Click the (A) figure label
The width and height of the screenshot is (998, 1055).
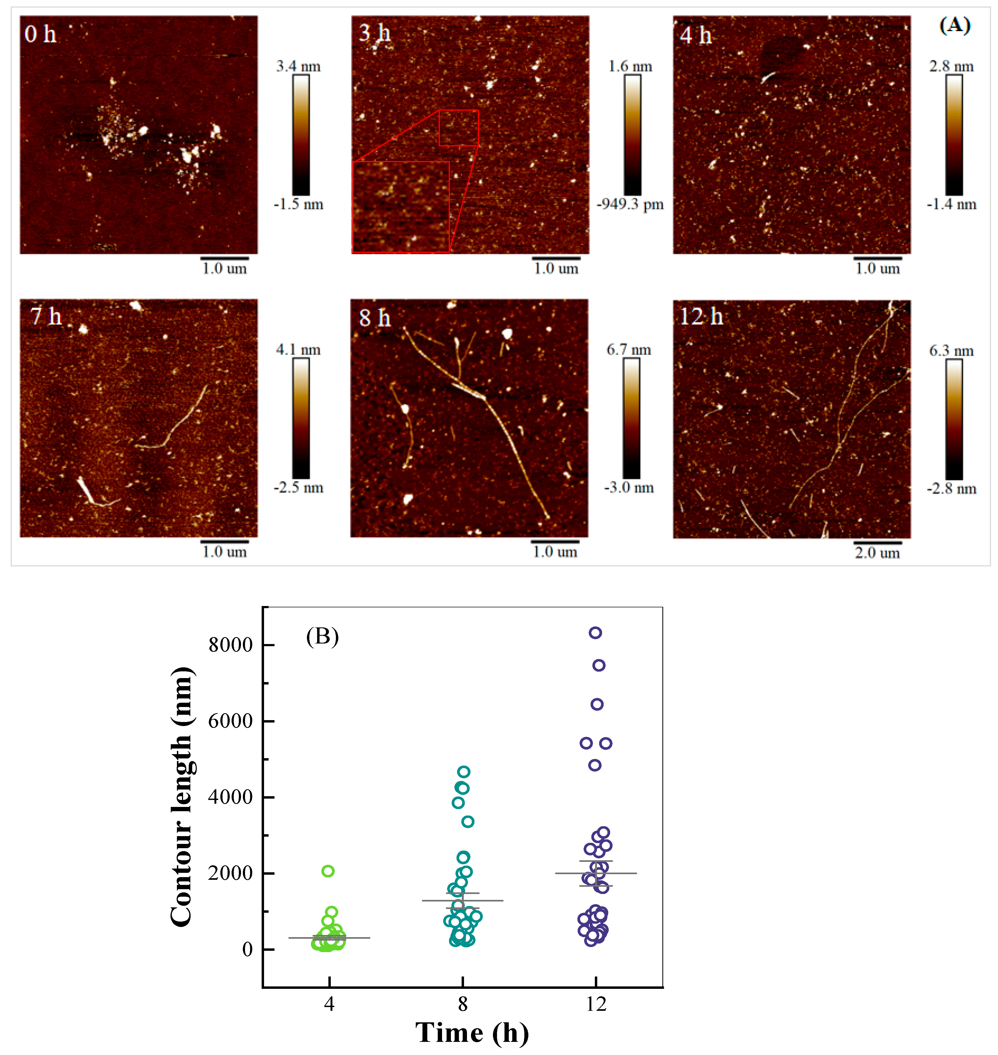coord(955,25)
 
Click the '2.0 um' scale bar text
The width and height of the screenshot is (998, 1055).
coord(877,553)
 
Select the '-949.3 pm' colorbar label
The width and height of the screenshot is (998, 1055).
coord(630,204)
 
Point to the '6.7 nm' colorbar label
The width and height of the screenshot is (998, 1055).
coord(629,350)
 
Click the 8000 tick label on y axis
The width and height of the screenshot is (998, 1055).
coord(230,645)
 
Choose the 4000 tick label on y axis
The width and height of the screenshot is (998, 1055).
coord(230,797)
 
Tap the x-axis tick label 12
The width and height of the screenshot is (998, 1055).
coord(596,1004)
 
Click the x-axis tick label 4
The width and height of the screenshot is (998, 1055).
coord(329,1004)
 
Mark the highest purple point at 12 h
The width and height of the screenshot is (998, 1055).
coord(595,633)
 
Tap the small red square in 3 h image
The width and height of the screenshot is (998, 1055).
coord(459,128)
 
